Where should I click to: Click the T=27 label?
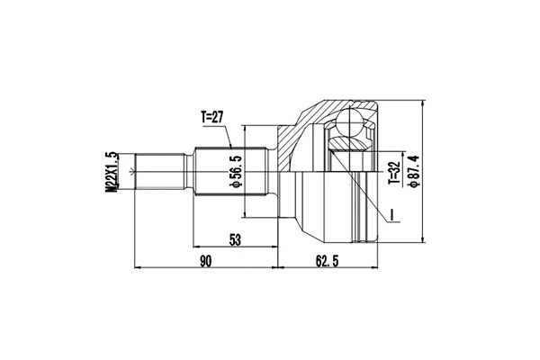pyautogui.click(x=215, y=116)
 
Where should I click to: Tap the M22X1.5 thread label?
pyautogui.click(x=112, y=170)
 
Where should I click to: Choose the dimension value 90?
pyautogui.click(x=205, y=261)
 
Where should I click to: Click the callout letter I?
pyautogui.click(x=393, y=213)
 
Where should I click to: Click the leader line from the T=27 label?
pyautogui.click(x=231, y=136)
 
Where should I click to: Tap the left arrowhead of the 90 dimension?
pyautogui.click(x=137, y=268)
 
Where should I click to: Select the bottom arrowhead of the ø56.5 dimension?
pyautogui.click(x=246, y=214)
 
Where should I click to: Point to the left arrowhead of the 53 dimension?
pyautogui.click(x=191, y=246)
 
